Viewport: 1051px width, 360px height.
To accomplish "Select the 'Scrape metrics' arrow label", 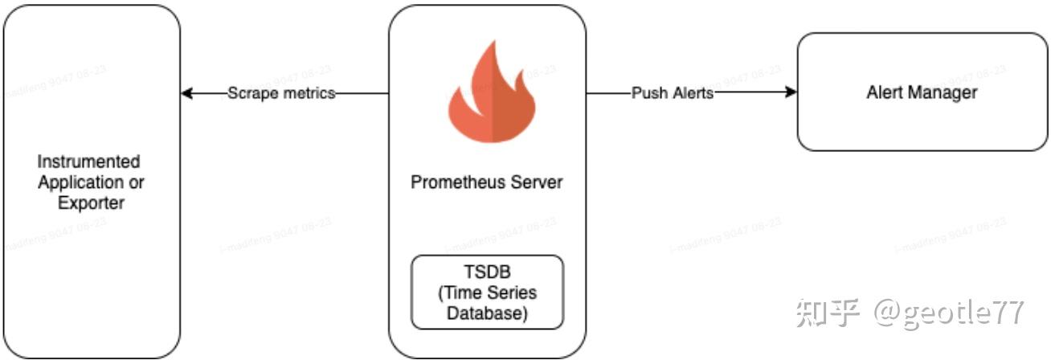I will [280, 93].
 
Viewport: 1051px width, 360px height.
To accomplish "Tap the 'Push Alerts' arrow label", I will [672, 93].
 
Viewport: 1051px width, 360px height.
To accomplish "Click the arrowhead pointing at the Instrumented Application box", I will [187, 93].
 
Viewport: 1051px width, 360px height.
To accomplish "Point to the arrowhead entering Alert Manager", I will [791, 93].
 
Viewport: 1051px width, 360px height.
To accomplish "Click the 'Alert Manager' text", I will [922, 92].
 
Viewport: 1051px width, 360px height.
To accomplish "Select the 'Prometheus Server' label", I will [487, 182].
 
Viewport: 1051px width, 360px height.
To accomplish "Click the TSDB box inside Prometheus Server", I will [487, 292].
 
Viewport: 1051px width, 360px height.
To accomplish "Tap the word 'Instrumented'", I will [88, 162].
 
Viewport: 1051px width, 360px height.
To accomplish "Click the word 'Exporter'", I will [91, 203].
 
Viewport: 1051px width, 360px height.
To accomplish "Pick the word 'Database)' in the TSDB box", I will [487, 313].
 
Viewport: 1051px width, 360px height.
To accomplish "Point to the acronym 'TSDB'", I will [487, 272].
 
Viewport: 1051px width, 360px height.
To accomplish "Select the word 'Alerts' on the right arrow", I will [692, 93].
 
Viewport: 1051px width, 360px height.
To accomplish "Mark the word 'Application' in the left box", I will [80, 182].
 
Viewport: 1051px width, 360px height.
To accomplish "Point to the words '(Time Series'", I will [487, 292].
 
